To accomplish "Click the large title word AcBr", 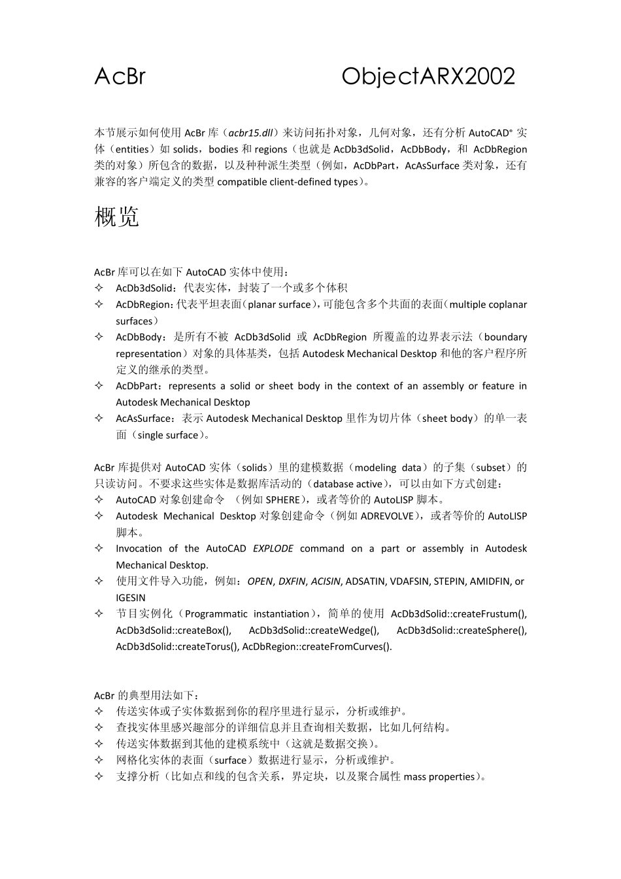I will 120,77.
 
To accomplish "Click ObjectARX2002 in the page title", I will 428,77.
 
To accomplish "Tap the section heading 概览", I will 116,216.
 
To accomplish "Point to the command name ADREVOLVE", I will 387,516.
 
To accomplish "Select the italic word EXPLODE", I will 273,549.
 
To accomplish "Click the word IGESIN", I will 131,598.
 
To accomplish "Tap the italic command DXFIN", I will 292,581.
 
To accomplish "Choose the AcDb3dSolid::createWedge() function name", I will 314,630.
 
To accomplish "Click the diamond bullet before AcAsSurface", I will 99,418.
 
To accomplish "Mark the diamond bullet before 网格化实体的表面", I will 99,760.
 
